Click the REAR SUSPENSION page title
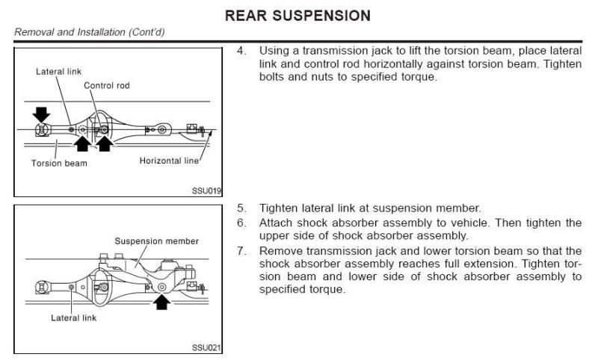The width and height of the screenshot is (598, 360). coord(298,15)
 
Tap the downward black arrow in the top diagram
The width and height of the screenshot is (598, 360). coord(41,114)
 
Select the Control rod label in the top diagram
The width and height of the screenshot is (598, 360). coord(106,85)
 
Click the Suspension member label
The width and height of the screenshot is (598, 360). coord(156,241)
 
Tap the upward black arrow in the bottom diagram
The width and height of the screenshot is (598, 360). coord(161,301)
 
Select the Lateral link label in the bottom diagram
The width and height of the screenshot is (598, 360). coord(73,317)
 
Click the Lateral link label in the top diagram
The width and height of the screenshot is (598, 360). coord(58,71)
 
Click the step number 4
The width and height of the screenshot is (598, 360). coord(241,51)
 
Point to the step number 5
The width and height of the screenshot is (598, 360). coord(241,208)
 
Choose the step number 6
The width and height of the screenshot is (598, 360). coord(241,223)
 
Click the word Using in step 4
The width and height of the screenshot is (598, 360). coord(272,51)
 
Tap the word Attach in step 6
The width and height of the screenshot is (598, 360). coord(274,223)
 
